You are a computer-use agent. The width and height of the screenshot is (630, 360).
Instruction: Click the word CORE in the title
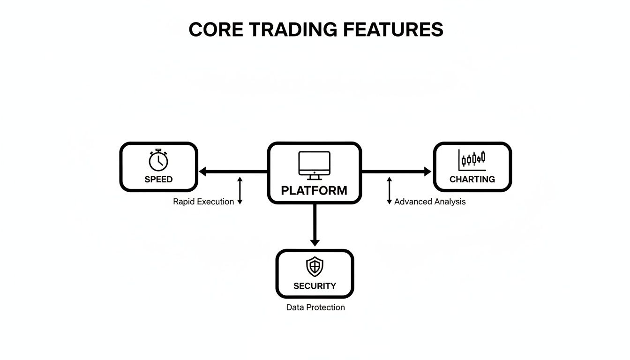coord(216,30)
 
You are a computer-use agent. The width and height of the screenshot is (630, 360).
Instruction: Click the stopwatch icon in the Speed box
coord(158,160)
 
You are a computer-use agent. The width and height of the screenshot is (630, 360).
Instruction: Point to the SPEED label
coord(158,179)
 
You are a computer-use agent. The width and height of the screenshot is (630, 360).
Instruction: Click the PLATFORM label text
coord(314,191)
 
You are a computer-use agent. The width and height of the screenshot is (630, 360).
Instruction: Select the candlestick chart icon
coord(472,160)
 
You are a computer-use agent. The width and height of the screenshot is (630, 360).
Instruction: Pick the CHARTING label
coord(472,179)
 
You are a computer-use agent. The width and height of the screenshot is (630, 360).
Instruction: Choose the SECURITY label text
coord(315,286)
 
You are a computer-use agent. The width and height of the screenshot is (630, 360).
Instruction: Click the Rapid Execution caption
coord(203,202)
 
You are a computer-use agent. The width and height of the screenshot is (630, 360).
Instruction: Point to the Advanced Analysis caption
coord(430,202)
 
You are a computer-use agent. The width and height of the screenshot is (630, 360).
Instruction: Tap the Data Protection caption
coord(315,307)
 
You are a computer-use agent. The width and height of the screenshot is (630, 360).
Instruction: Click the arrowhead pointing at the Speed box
coord(203,172)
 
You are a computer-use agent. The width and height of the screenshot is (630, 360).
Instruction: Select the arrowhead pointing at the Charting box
coord(427,172)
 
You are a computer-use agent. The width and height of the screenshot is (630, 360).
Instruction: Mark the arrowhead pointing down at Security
coord(315,242)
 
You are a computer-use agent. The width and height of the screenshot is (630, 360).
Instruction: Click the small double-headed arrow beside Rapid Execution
coord(240,190)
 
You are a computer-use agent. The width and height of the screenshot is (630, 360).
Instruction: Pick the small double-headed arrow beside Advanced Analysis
coord(389,190)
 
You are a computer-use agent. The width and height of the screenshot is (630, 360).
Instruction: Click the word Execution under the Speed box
coord(216,202)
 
